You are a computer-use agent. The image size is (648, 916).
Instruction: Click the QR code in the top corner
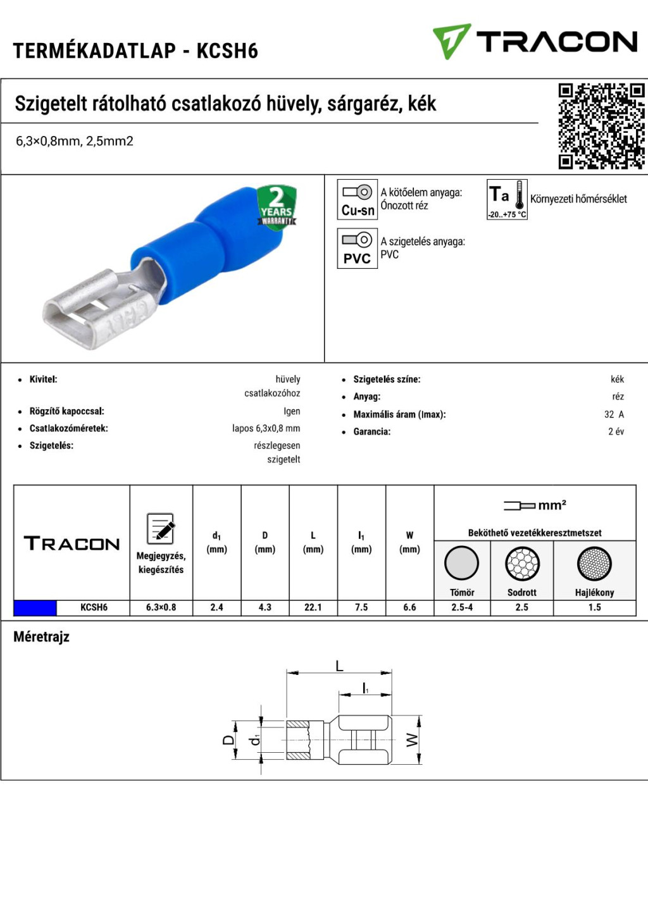[x=601, y=126]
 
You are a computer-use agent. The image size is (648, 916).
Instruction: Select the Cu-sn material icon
[x=357, y=199]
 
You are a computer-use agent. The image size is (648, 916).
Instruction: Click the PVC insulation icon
[x=357, y=248]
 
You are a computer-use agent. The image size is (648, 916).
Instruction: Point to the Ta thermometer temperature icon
[x=507, y=199]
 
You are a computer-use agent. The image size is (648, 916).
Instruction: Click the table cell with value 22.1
[x=313, y=607]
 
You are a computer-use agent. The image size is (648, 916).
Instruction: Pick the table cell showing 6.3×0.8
[x=161, y=607]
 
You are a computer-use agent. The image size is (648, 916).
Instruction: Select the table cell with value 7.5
[x=361, y=607]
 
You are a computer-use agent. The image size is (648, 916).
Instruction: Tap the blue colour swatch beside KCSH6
[x=35, y=608]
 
